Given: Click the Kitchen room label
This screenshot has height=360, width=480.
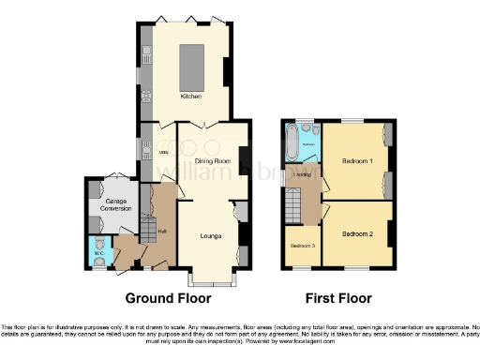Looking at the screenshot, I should pyautogui.click(x=190, y=96).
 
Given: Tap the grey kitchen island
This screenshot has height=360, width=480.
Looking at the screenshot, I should pyautogui.click(x=193, y=62).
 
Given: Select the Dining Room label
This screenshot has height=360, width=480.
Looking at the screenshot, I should pyautogui.click(x=215, y=161).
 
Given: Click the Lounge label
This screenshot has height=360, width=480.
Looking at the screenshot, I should pyautogui.click(x=209, y=235).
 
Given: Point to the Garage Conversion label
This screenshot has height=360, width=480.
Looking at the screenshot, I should pyautogui.click(x=114, y=204).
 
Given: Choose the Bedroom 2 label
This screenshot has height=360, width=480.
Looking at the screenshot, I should pyautogui.click(x=357, y=233).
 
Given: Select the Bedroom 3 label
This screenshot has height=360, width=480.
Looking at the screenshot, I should pyautogui.click(x=301, y=246).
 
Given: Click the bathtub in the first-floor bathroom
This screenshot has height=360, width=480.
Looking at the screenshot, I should pyautogui.click(x=293, y=145).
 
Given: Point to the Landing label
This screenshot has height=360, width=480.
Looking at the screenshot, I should pyautogui.click(x=303, y=174).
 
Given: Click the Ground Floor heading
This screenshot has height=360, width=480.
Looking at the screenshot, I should pyautogui.click(x=168, y=299).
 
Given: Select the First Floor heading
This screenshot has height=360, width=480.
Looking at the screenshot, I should pyautogui.click(x=338, y=299).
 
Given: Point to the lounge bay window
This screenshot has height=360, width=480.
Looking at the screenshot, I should pyautogui.click(x=213, y=279).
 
